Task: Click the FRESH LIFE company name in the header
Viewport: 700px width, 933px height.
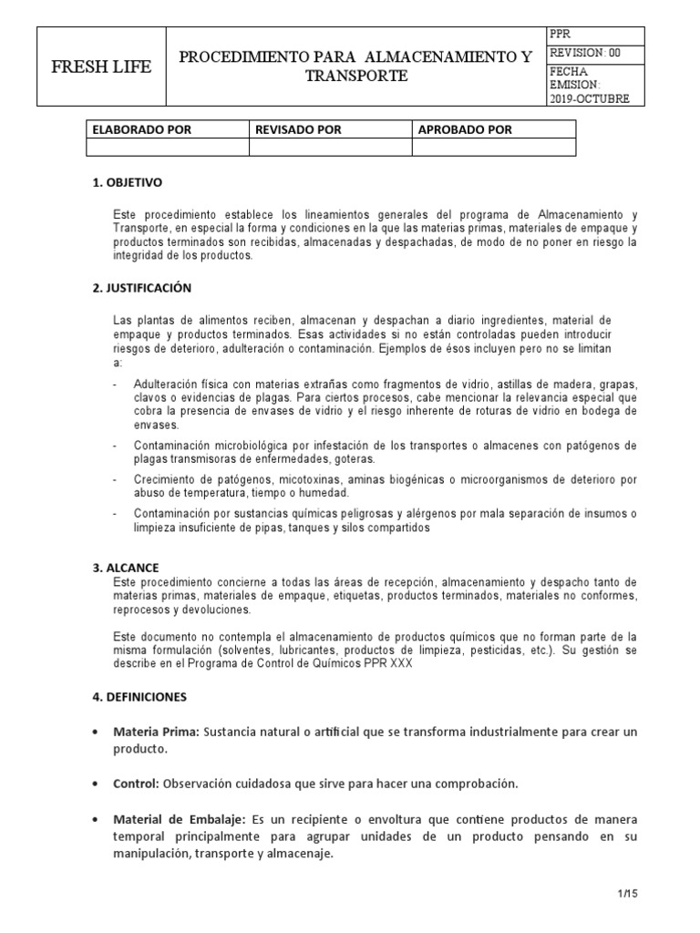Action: tap(100, 68)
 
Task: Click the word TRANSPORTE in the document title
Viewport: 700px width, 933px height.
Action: tap(356, 77)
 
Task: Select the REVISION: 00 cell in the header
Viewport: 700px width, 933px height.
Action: tap(585, 53)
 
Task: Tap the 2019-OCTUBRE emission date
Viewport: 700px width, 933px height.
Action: tap(589, 98)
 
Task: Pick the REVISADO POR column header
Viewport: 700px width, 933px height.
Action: tap(297, 129)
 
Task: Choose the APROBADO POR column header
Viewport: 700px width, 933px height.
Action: tap(465, 129)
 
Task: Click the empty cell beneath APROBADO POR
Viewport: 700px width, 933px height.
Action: tap(494, 147)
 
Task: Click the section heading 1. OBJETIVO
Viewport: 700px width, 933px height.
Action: tap(128, 182)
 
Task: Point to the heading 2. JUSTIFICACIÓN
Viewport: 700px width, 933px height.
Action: tap(142, 288)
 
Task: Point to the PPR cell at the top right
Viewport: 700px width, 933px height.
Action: tap(561, 34)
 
